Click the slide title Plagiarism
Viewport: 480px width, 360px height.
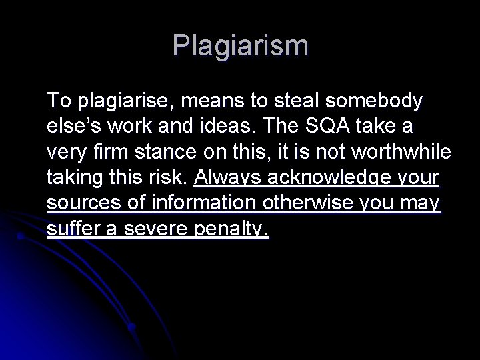tap(240, 46)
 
